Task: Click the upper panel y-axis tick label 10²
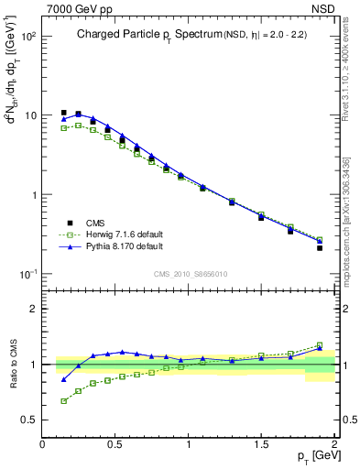(x=27, y=37)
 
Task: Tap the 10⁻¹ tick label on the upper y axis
(x=27, y=275)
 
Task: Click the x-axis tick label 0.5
(x=115, y=444)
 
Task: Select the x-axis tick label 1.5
(x=261, y=444)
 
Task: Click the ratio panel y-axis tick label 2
(x=34, y=309)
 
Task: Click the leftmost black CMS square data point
(x=63, y=113)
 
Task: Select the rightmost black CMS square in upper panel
(x=320, y=247)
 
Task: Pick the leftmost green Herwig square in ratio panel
(x=63, y=401)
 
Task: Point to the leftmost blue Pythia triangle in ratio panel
(x=63, y=379)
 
